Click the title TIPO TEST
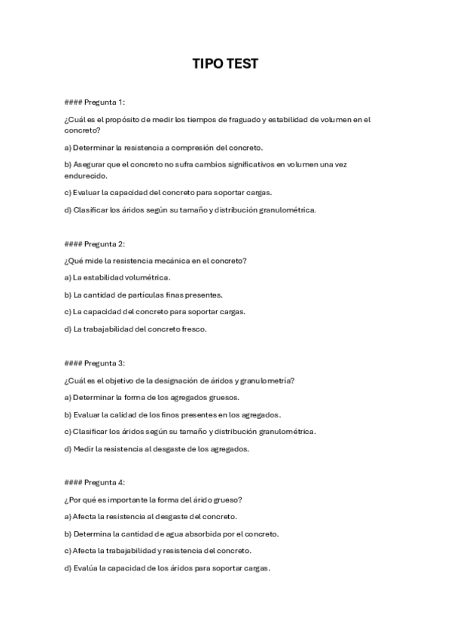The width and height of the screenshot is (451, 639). point(225,64)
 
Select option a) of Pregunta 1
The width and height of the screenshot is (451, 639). point(163,147)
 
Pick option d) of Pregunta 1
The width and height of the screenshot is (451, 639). point(190,209)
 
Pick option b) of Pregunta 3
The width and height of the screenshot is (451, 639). point(172,414)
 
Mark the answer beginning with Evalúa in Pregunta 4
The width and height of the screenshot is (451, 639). point(167,567)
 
